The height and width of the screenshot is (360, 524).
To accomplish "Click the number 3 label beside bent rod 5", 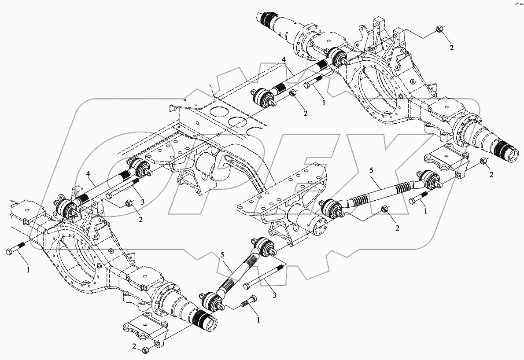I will click(x=274, y=296).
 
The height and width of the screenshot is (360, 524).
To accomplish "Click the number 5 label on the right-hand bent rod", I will click(x=371, y=169).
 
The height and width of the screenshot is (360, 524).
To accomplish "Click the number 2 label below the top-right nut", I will click(x=451, y=47).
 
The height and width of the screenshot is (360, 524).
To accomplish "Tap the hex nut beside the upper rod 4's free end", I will click(x=294, y=93).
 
